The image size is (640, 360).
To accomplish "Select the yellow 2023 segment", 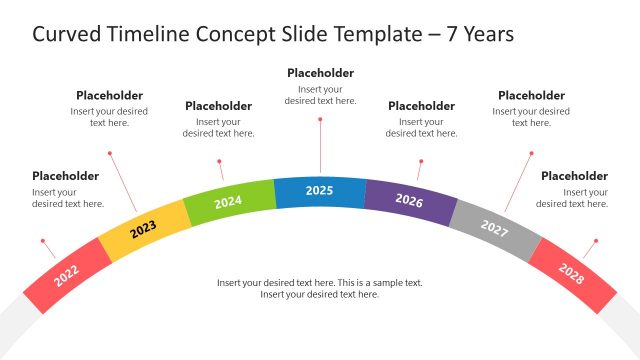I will tap(143, 229).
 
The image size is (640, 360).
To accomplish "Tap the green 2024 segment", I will tap(228, 202).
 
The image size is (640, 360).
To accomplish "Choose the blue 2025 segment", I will tap(319, 191).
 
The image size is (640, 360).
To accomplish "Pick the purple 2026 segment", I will tap(409, 200).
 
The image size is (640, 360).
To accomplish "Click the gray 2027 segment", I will tap(494, 228).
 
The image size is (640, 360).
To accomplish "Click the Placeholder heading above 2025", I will tap(320, 73).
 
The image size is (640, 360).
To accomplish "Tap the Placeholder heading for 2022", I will tap(65, 176).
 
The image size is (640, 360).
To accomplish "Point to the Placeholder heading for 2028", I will tap(574, 176).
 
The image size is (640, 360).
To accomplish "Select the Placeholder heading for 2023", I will tap(109, 96).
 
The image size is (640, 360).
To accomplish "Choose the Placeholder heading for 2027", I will tap(531, 96).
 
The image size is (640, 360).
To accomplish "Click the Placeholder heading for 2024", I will tap(218, 106).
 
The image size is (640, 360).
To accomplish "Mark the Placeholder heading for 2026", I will tap(421, 106).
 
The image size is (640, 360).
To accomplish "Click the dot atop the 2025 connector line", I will tap(320, 119).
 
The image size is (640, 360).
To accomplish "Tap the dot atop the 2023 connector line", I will tap(110, 154).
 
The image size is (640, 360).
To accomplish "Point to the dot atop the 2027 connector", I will tap(532, 154).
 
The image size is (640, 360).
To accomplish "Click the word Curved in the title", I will tap(66, 35).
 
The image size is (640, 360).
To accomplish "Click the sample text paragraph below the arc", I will tap(320, 289).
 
